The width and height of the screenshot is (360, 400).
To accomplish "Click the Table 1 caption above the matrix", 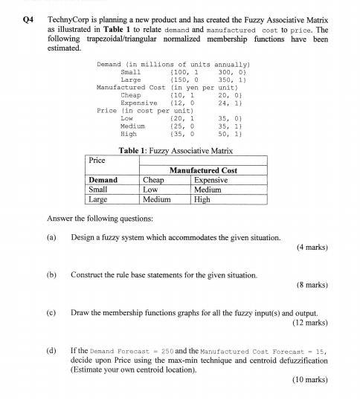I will point(176,150).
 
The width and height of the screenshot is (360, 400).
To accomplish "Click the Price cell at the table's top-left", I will point(97,161).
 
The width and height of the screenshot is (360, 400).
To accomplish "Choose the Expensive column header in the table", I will point(210,180).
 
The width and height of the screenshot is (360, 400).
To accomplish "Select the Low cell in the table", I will point(150,190).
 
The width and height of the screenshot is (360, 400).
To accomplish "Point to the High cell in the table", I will point(202,199).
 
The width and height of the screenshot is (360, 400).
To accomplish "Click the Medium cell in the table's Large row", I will point(156,199).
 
